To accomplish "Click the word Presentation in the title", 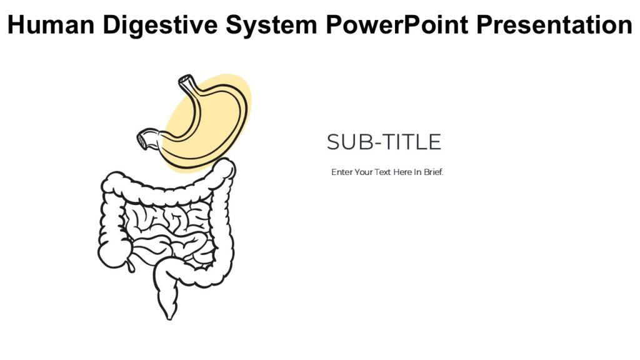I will (x=554, y=25).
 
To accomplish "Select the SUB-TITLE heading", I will (x=384, y=142).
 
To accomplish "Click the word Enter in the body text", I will (x=341, y=172).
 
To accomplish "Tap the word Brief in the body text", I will (x=433, y=172).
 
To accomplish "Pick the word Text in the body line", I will (x=382, y=172).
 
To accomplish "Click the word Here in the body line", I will (x=402, y=172).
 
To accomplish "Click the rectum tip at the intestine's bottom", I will (x=168, y=312).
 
